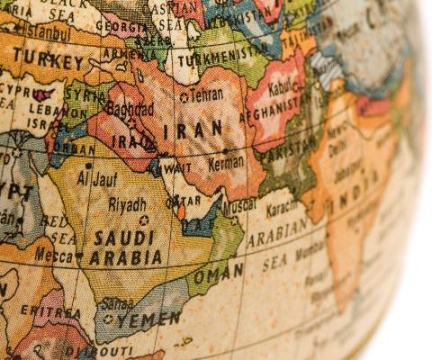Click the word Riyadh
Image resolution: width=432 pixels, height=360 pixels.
pyautogui.click(x=127, y=204)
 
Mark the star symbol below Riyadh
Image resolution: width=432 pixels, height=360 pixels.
pyautogui.click(x=142, y=220)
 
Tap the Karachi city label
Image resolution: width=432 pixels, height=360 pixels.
pyautogui.click(x=287, y=209)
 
